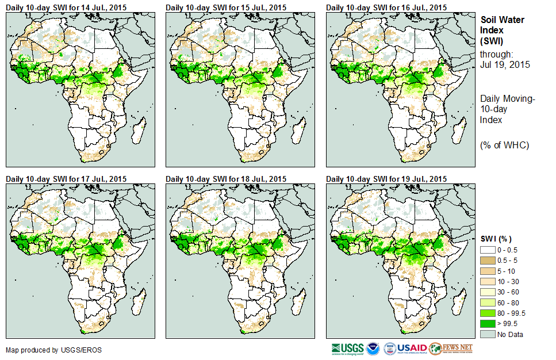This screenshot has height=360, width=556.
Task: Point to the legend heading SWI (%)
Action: (496, 239)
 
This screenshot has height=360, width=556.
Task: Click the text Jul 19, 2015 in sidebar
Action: (505, 64)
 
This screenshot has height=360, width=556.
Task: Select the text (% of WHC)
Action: (504, 145)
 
